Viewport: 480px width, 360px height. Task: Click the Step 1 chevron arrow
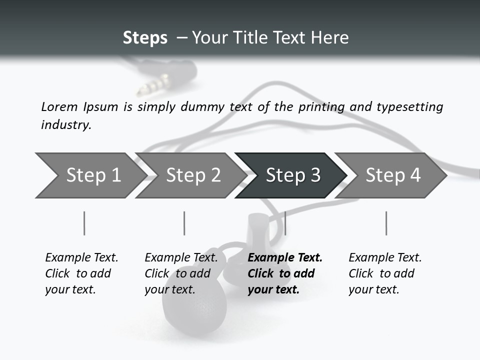pos(90,175)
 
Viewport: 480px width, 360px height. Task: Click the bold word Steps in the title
pos(145,38)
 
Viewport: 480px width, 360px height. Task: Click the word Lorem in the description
pos(59,106)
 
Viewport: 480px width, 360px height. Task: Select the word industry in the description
pos(66,124)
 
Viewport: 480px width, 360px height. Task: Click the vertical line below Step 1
pos(84,223)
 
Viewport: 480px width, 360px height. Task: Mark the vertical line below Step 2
pos(184,223)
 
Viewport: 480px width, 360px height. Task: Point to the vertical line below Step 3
pos(285,223)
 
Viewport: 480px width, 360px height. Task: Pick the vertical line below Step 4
pos(386,223)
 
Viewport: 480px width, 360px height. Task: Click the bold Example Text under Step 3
pos(285,258)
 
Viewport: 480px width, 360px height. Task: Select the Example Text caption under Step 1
pos(81,258)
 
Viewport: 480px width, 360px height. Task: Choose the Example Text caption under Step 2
pos(181,258)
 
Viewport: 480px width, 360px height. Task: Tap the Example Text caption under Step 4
pos(385,258)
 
